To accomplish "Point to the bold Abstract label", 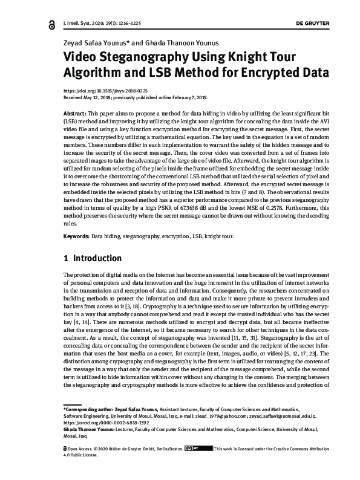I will click(75, 114).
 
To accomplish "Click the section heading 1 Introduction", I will click(93, 258).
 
